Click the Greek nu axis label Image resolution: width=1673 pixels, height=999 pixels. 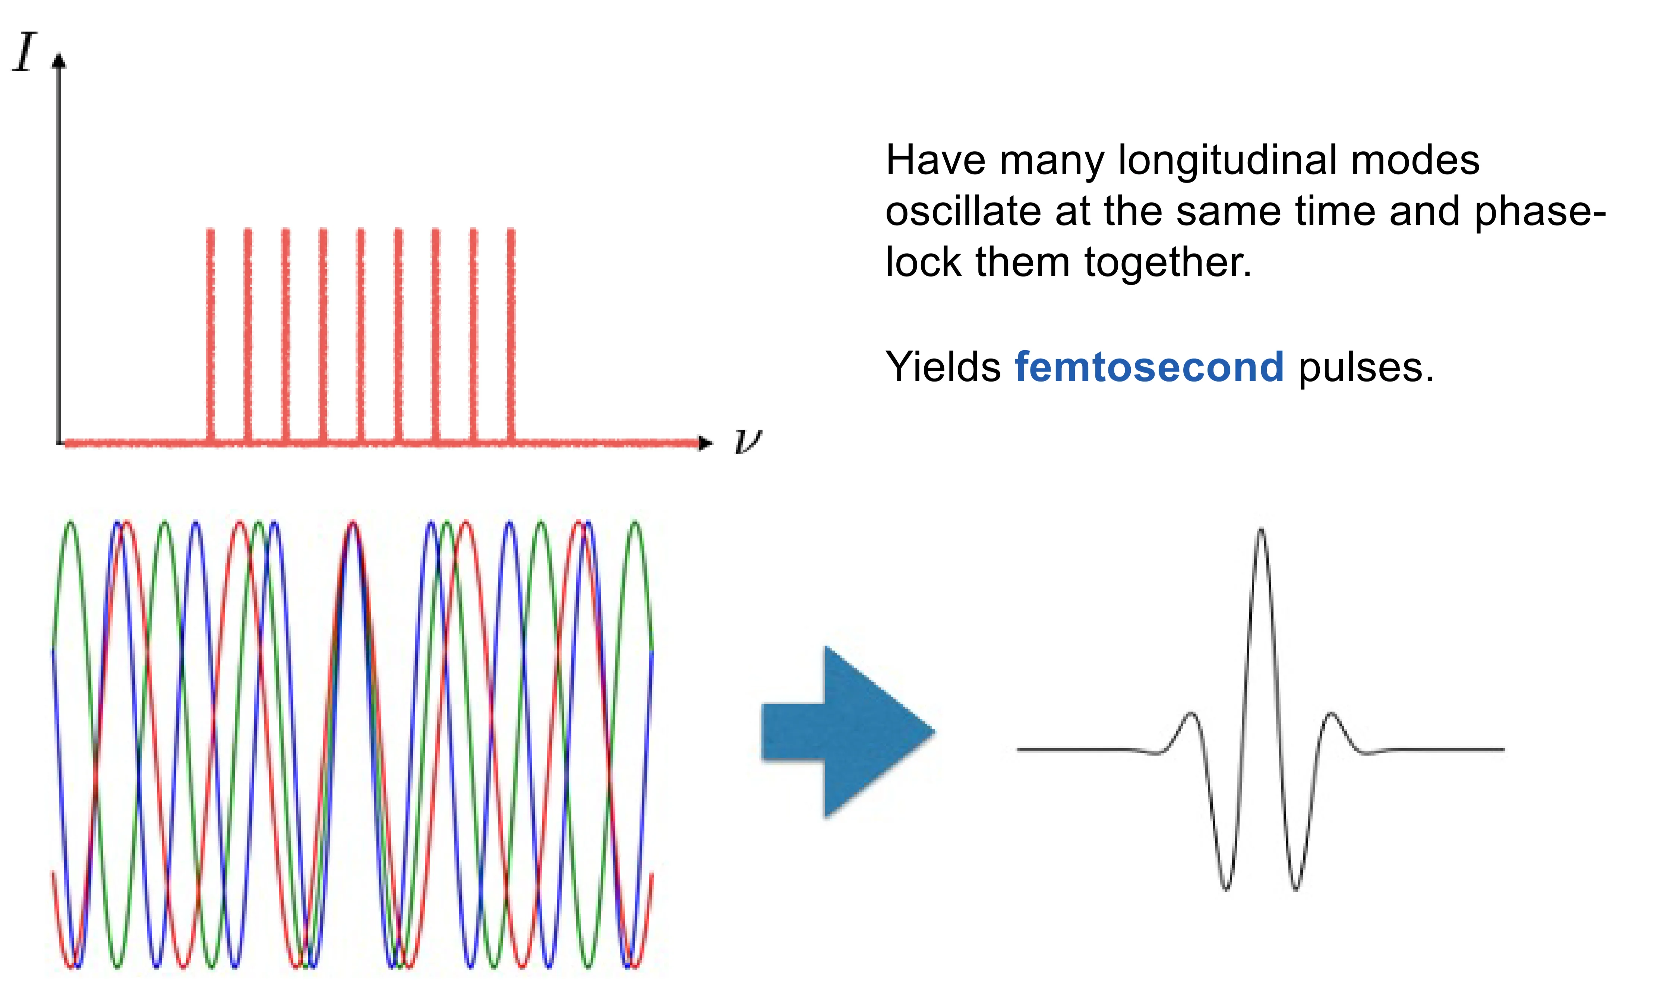(747, 441)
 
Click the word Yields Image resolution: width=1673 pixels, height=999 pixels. (943, 367)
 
